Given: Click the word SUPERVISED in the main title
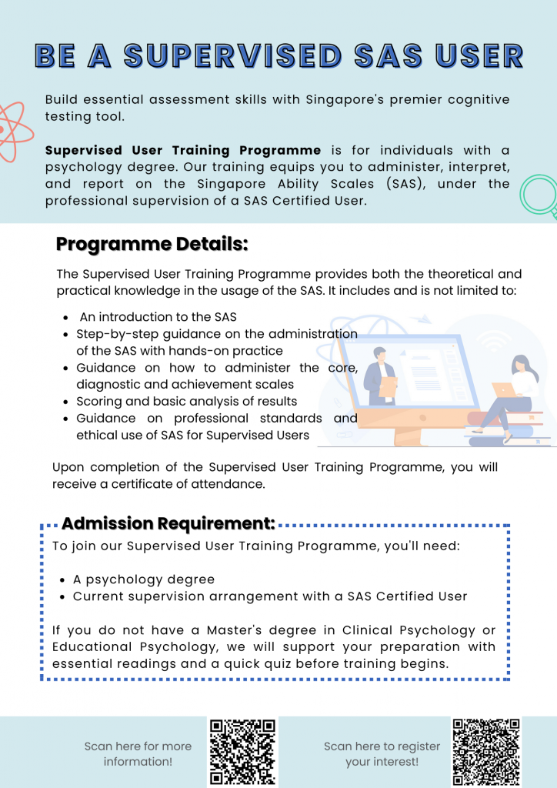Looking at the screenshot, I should (230, 55).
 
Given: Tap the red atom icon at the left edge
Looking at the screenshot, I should (11, 130).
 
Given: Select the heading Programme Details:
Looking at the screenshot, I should (152, 245).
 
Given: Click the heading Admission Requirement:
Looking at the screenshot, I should (168, 523).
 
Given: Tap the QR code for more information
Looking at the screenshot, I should (242, 752).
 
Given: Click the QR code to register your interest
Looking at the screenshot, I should (486, 752).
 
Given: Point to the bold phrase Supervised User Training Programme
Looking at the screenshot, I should (183, 150).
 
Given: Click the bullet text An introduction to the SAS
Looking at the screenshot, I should (158, 316).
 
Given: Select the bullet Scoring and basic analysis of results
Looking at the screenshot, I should (186, 401).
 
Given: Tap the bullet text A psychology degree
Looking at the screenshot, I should (144, 579).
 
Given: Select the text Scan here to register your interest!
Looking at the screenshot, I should (382, 753).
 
